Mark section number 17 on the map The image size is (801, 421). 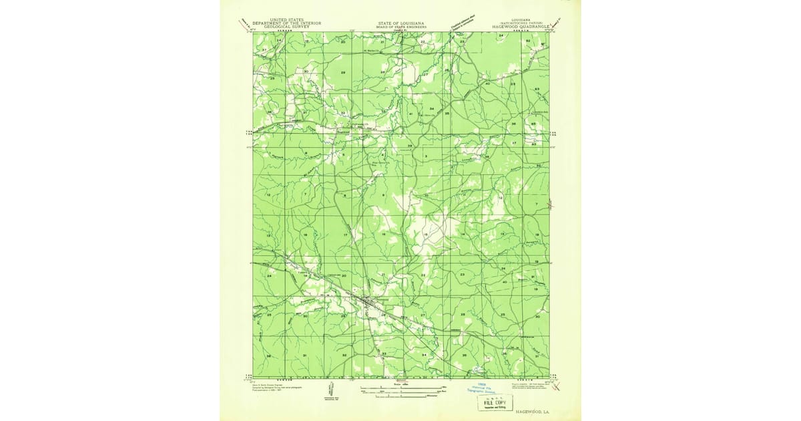click(x=346, y=236)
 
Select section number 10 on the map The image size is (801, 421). click(x=425, y=196)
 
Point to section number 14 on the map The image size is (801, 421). click(x=463, y=235)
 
